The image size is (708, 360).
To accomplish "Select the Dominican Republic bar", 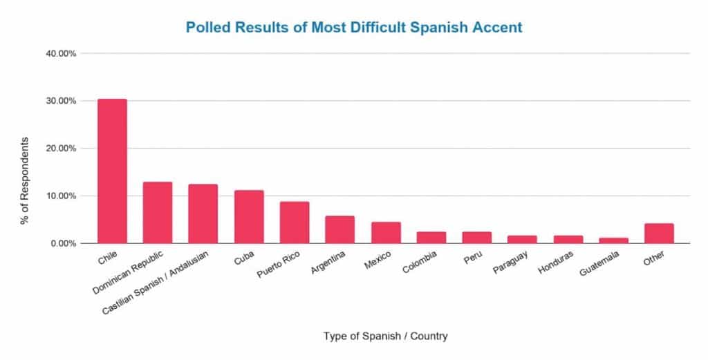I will click(x=157, y=213).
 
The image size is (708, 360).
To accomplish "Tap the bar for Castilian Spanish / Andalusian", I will click(x=203, y=214).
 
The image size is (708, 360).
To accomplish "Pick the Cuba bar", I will click(x=249, y=217).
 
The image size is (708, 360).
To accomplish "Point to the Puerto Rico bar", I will click(x=295, y=222).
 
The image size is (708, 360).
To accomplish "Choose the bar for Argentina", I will click(x=340, y=230).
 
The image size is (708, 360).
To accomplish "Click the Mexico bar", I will click(x=386, y=233).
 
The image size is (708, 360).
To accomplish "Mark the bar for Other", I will click(x=659, y=234).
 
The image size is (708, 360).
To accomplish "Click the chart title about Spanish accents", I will click(x=354, y=28).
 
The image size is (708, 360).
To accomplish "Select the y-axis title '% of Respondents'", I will click(x=25, y=180).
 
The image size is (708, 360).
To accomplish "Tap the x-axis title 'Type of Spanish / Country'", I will click(x=385, y=337).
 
